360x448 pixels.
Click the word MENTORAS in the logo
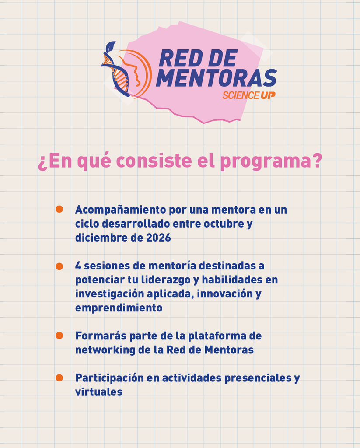click(x=217, y=78)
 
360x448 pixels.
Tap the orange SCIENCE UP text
click(x=249, y=95)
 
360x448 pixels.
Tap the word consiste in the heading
click(x=154, y=161)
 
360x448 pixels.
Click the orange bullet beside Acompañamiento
click(x=59, y=209)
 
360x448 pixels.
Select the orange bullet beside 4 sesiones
click(x=59, y=266)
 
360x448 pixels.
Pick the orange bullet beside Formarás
click(x=59, y=336)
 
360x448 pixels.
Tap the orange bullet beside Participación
click(x=59, y=378)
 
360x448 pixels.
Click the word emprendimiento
click(x=119, y=308)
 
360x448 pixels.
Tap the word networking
click(x=105, y=350)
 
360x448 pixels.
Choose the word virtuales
click(x=98, y=392)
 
